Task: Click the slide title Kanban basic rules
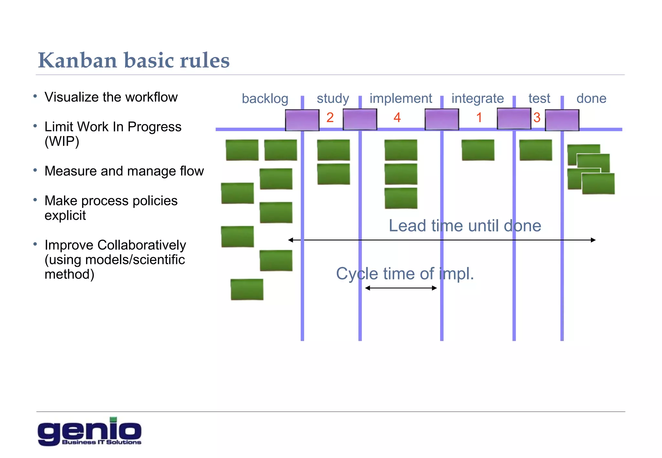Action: point(133,60)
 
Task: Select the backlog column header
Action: point(265,99)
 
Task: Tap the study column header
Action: point(333,99)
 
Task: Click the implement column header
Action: point(400,98)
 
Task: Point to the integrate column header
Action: point(477,98)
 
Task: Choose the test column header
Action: point(539,98)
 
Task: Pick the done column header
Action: point(591,98)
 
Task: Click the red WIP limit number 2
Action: point(330,118)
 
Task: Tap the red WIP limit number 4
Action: point(397,118)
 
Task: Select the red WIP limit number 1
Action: point(479,118)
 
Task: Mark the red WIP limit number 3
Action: point(537,118)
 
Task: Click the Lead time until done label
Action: point(464,225)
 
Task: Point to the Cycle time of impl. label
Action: point(405,274)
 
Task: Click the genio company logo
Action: point(89,432)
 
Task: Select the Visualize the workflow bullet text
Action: point(111,97)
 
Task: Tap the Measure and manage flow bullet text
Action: point(124,171)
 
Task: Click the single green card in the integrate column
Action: point(478,150)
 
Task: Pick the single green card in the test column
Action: point(535,150)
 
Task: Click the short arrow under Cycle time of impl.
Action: point(401,288)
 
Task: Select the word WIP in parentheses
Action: point(62,141)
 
